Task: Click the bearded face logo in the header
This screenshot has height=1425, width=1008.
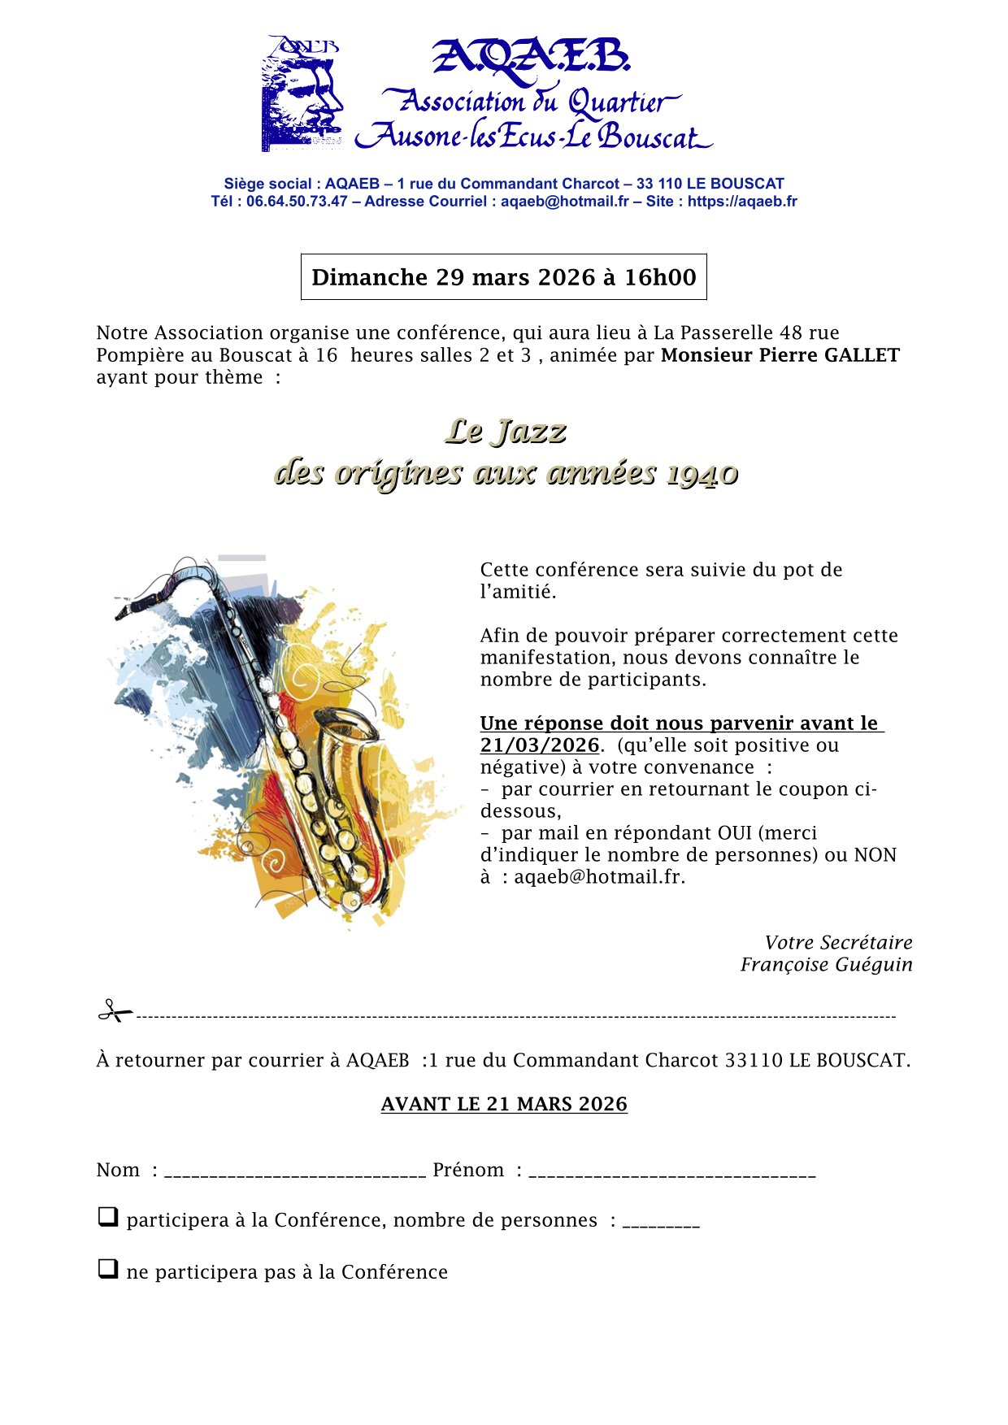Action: [x=302, y=94]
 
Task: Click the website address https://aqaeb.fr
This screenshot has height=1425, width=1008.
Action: [x=741, y=202]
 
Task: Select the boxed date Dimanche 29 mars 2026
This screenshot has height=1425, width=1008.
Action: [x=503, y=277]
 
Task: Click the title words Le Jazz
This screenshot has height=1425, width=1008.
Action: [x=505, y=432]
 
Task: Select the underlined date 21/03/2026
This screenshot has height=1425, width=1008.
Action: [x=540, y=745]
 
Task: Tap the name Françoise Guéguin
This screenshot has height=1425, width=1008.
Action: [x=826, y=965]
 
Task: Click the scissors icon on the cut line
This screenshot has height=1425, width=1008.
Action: [x=115, y=1012]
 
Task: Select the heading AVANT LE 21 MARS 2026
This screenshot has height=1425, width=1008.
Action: [x=504, y=1104]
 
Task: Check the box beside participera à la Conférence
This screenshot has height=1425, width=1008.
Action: [x=107, y=1217]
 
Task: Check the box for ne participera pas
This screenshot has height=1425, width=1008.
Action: [x=107, y=1269]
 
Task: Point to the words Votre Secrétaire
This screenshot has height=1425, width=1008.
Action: [x=838, y=943]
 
